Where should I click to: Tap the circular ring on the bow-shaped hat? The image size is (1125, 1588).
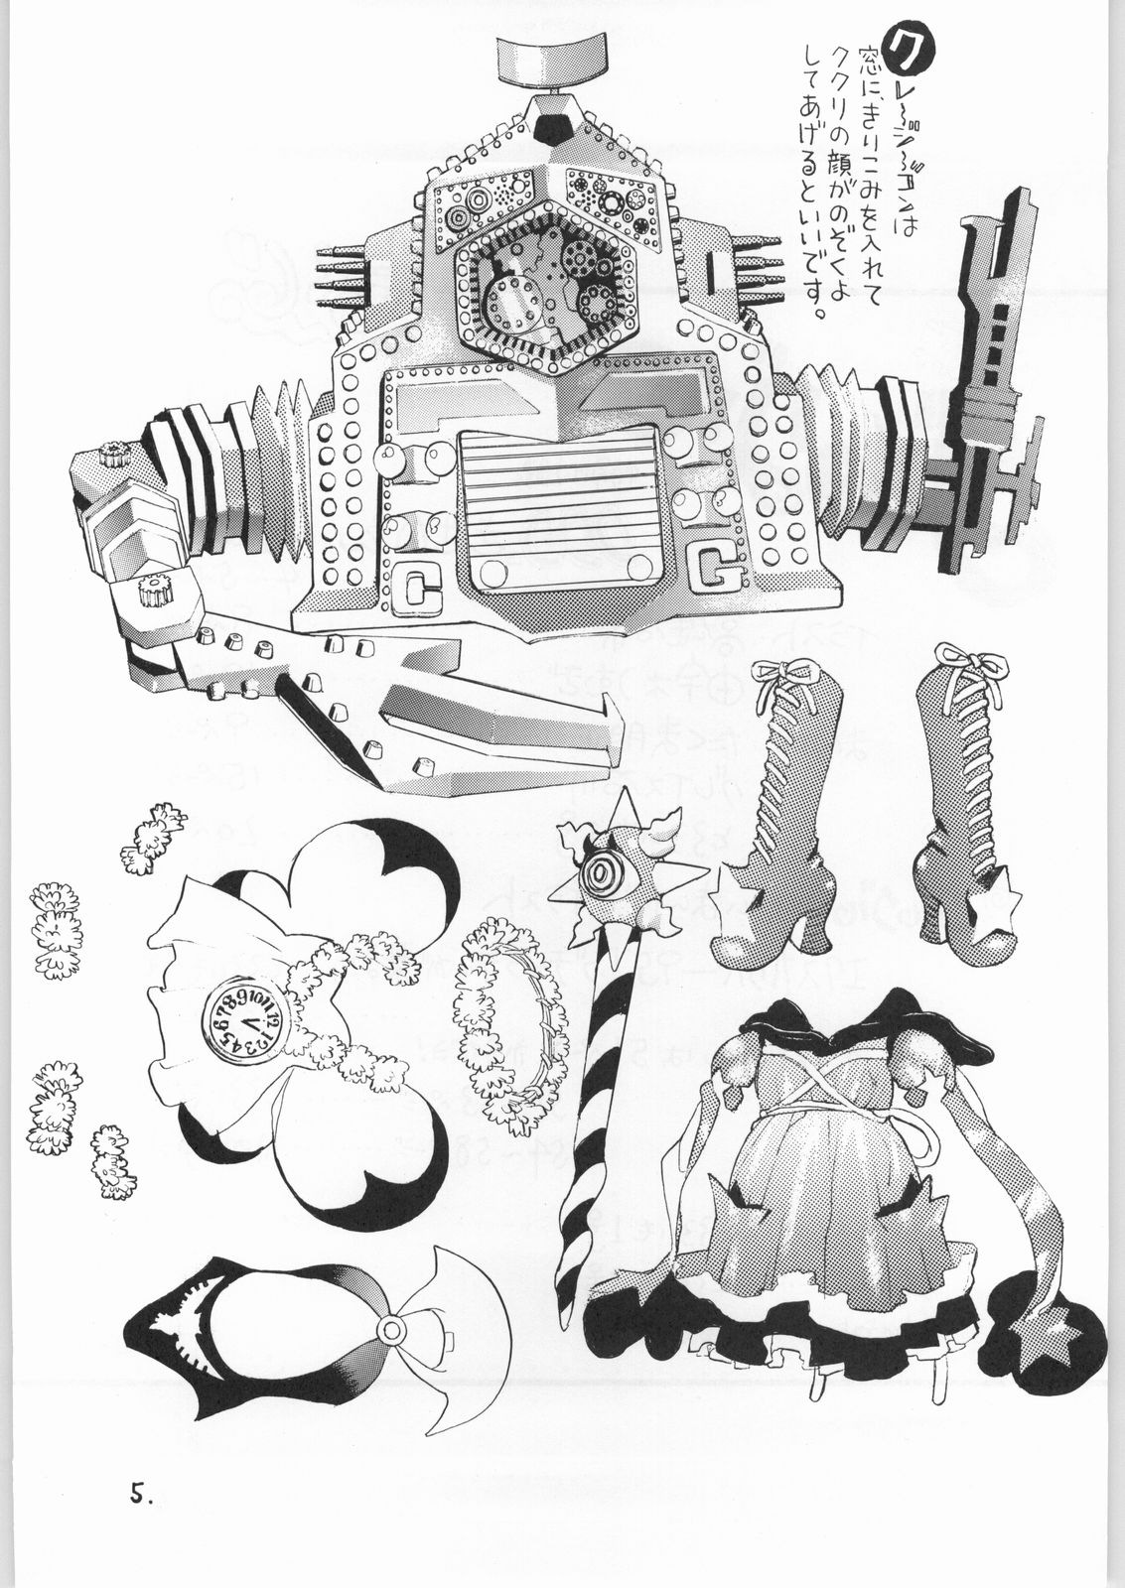pyautogui.click(x=393, y=1328)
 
